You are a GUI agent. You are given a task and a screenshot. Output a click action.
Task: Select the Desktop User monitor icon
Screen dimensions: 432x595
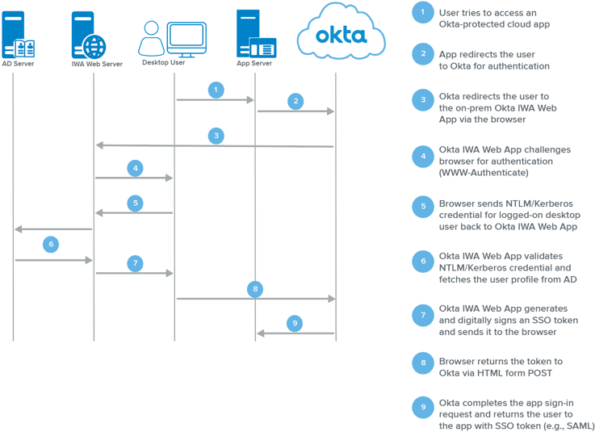coord(186,37)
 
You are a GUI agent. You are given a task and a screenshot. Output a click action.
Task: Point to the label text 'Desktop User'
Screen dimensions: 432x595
coord(163,62)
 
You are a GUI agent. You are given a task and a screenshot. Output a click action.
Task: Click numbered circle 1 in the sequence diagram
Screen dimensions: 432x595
coord(216,90)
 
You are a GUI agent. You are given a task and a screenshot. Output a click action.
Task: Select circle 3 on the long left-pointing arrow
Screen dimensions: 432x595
coord(216,136)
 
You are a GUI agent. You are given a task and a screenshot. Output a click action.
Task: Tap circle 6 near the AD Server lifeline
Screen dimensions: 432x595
coord(50,244)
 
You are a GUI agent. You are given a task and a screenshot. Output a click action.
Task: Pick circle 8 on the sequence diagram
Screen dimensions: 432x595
coord(255,288)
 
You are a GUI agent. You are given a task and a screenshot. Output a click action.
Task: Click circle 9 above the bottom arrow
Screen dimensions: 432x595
coord(295,323)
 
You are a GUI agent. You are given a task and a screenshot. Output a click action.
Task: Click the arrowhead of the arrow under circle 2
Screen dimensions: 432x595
coord(330,111)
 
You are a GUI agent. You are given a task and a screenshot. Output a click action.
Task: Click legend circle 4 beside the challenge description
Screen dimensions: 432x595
coord(422,156)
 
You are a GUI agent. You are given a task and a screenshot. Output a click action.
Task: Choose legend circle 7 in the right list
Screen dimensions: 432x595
coord(422,315)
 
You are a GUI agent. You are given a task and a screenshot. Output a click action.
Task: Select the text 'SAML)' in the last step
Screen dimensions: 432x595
coord(578,426)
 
